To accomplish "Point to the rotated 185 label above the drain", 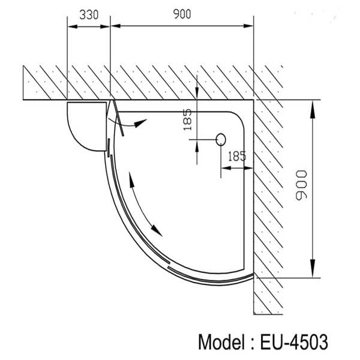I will pos(187,120).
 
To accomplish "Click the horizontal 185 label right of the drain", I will pos(237,156).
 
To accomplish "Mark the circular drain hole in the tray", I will pos(220,140).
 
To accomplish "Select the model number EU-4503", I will pos(295,342).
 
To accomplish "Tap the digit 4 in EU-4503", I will pos(291,342).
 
